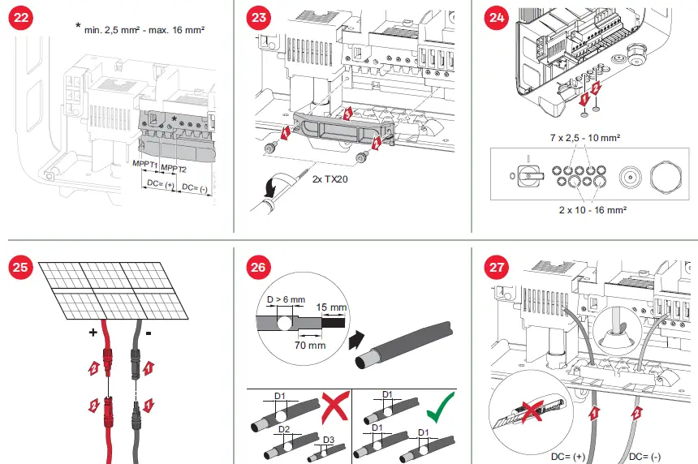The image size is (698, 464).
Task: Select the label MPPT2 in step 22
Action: (174, 168)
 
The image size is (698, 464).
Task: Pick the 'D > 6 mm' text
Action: (287, 299)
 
